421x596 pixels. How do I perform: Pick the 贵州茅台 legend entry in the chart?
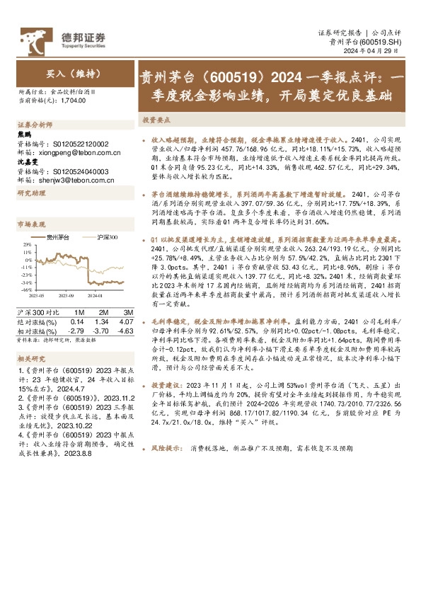point(59,237)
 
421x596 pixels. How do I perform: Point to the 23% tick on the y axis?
point(27,244)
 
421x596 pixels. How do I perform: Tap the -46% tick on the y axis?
point(26,290)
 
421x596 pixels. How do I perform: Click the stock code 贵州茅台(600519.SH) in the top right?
point(366,42)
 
